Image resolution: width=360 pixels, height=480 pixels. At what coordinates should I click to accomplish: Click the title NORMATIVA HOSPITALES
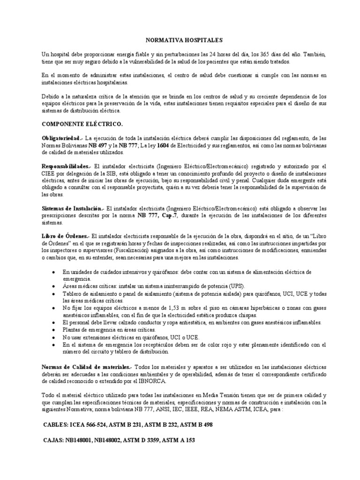pos(180,40)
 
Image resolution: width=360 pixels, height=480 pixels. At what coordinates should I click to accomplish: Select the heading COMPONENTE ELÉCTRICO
pos(82,124)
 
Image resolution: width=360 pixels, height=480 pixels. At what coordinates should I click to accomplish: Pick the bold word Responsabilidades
pos(66,166)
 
